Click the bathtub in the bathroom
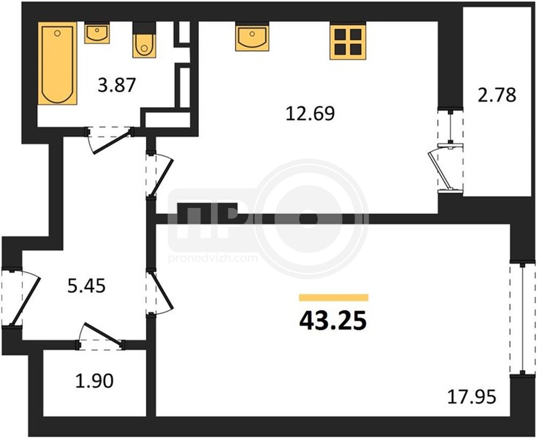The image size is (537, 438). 57,64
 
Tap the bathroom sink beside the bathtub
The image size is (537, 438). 97,33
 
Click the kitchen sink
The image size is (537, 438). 252,37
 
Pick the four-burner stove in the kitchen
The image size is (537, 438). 348,41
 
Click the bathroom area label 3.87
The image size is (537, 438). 117,85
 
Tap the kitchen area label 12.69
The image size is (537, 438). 310,114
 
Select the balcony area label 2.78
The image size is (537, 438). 496,95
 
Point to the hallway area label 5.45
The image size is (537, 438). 87,286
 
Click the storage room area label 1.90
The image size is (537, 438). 94,381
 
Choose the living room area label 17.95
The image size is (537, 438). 472,397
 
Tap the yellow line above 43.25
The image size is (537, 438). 334,297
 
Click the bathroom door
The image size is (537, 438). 110,140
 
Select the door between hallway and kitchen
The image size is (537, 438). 159,175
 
